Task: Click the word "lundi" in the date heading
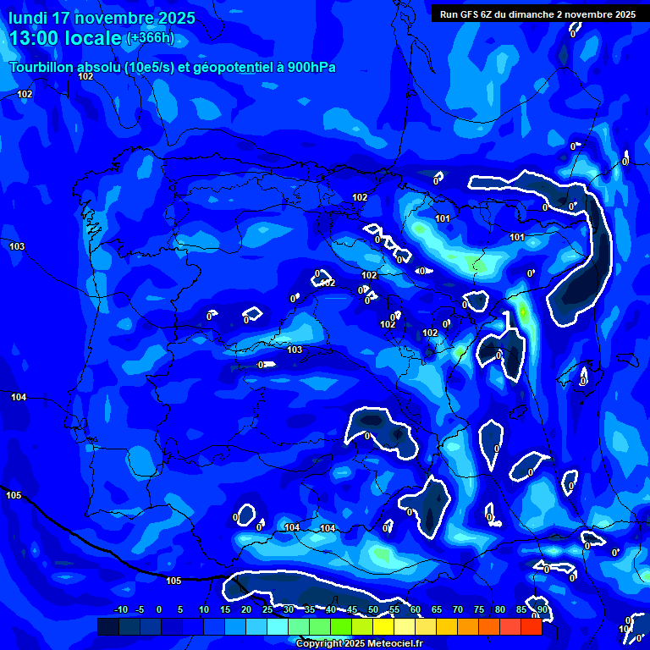[x=28, y=18]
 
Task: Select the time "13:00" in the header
[x=36, y=38]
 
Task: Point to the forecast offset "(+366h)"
[x=150, y=38]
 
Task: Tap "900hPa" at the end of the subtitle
[x=311, y=67]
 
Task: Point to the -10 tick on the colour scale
[x=120, y=610]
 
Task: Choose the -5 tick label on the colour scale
[x=140, y=610]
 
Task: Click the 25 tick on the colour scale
[x=267, y=610]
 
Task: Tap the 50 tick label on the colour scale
[x=372, y=610]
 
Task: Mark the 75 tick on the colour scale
[x=478, y=610]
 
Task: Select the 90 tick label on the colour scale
[x=542, y=610]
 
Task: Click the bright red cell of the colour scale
[x=531, y=626]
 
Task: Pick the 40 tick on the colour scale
[x=330, y=610]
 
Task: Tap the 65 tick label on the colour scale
[x=436, y=610]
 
